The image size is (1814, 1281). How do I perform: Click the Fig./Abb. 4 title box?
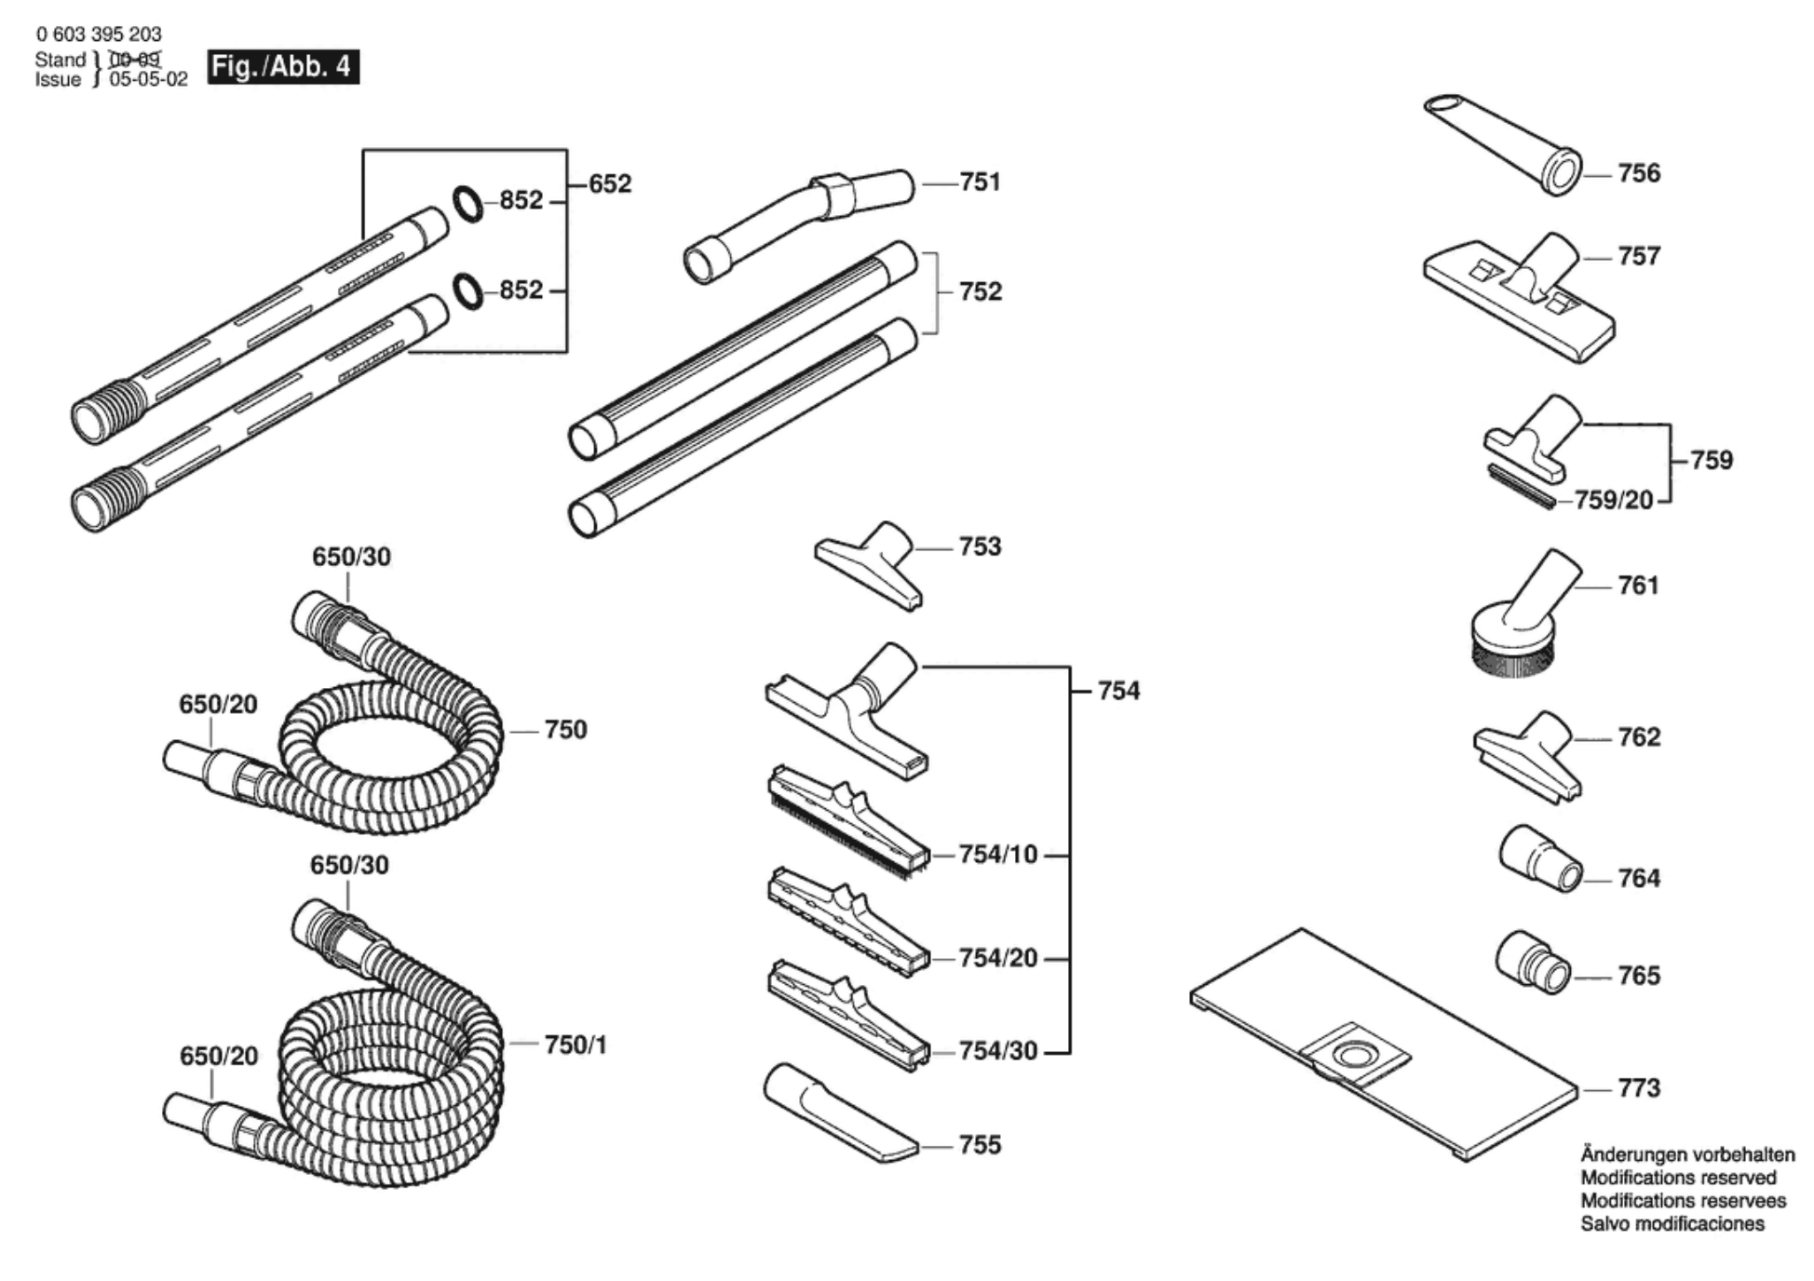[283, 67]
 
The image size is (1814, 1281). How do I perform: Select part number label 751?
[980, 182]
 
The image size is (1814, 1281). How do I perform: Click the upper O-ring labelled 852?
[468, 204]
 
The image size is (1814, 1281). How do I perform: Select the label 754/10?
[997, 854]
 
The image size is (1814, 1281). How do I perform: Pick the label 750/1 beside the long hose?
[575, 1045]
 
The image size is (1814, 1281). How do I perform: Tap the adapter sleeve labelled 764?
[1540, 857]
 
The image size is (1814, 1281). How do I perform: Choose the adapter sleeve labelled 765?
[1533, 961]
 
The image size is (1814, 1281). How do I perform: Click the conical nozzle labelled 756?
[1504, 143]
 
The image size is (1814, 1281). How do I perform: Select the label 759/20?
[1614, 500]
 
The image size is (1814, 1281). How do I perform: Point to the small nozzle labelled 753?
[868, 564]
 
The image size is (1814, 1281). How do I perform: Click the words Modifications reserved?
[1678, 1178]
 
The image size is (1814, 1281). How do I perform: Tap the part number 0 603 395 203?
[99, 34]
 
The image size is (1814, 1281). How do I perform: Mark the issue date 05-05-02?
[148, 79]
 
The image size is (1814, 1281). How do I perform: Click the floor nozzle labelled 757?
[1520, 296]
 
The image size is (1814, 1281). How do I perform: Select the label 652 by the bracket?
[610, 183]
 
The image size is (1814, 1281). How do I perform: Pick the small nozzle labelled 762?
[1527, 755]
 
